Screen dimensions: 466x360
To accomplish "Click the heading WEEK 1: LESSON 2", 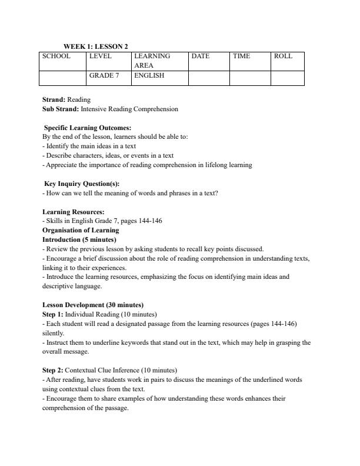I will pos(95,46).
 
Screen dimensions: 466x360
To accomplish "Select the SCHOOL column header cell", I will pos(56,56).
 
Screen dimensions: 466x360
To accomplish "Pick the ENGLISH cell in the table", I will pos(149,76).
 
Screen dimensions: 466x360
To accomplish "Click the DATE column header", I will pos(201,56).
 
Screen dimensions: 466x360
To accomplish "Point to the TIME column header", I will pos(241,56).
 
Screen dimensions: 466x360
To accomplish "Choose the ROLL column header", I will pos(283,56).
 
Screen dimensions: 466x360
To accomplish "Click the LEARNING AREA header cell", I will pos(152,61).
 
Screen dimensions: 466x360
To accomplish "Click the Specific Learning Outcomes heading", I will pos(88,128).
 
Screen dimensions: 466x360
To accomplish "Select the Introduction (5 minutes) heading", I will pos(79,240).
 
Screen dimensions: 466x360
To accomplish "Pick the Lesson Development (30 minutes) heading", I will pos(93,305).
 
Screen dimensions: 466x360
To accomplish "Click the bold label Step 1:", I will pos(53,314).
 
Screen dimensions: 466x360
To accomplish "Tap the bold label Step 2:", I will pos(53,370).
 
